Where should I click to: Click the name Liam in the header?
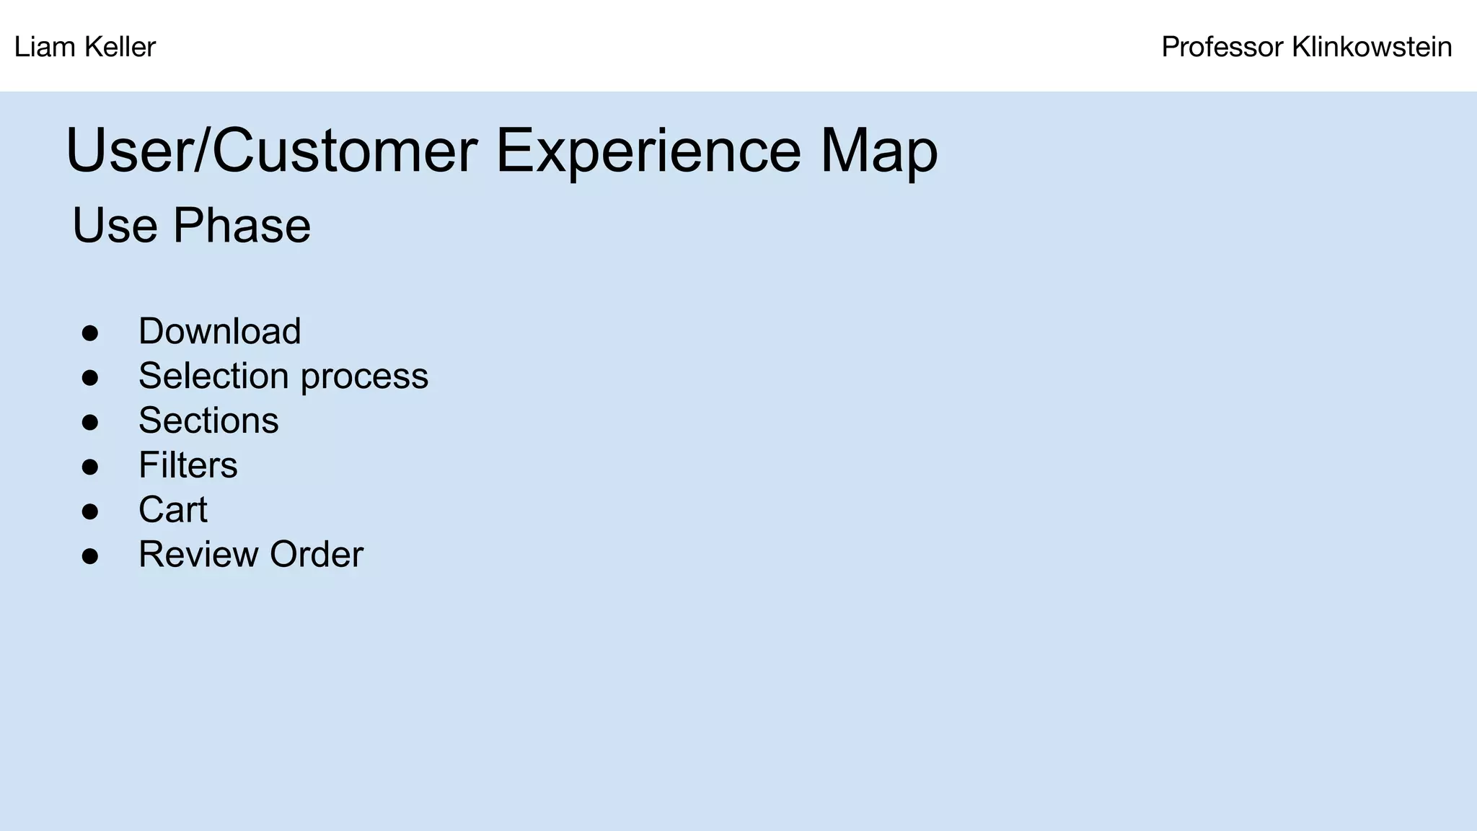pos(45,48)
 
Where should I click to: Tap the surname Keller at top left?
pos(120,48)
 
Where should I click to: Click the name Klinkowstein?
pos(1372,48)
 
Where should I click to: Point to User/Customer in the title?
pos(271,151)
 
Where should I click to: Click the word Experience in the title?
pos(648,151)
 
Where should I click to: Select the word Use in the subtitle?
pos(115,226)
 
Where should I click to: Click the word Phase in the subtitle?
pos(242,226)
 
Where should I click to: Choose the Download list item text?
pos(219,332)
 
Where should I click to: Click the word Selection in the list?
pos(213,377)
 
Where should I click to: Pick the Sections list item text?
pos(208,421)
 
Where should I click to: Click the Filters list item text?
pos(188,465)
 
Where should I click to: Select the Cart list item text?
pos(172,510)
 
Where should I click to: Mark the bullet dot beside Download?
pos(90,333)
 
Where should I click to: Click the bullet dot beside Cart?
pos(90,511)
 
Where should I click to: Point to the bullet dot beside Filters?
pos(90,467)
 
